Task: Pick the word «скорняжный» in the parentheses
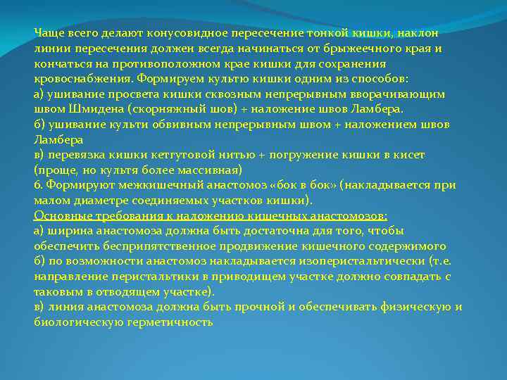163,109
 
